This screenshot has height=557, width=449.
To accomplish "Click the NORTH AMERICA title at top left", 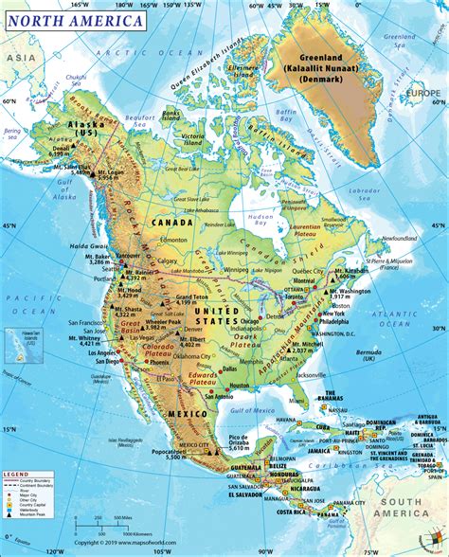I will point(75,19).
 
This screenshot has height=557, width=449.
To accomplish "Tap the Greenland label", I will point(323,63).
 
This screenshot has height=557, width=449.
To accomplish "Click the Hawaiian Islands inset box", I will point(23,340).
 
